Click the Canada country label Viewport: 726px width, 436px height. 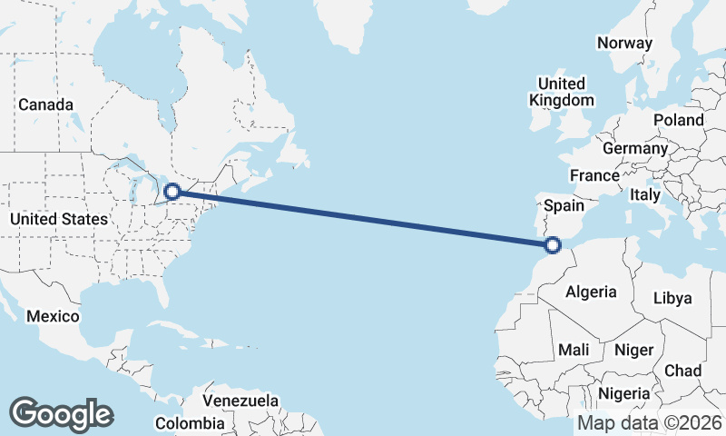[45, 105]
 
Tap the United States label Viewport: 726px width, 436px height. [59, 219]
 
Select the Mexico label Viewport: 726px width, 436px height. [53, 316]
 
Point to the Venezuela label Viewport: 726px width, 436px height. [240, 401]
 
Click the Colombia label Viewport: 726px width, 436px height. [189, 423]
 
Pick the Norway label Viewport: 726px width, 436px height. [624, 43]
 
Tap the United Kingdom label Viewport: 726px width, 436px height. [561, 91]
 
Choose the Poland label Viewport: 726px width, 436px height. [678, 120]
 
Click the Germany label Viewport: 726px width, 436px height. [635, 148]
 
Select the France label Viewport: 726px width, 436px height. [594, 175]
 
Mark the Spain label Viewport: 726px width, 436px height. [564, 206]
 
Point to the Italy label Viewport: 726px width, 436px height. [645, 194]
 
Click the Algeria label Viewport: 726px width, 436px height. [591, 292]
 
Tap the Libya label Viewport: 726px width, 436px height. [672, 298]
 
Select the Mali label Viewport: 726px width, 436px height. [574, 350]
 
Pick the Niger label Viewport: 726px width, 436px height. [633, 350]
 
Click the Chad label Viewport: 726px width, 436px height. [682, 371]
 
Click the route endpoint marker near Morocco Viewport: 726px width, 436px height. [552, 243]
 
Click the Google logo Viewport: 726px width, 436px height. [61, 414]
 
